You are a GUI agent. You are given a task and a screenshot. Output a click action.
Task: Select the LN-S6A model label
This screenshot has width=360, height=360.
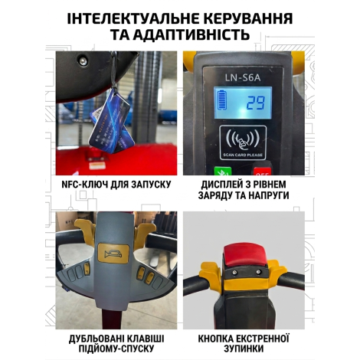point(243,77)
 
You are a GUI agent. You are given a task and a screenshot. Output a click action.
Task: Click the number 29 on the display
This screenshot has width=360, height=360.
point(256,103)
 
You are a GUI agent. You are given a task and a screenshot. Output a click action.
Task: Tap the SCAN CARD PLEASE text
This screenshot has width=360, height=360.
point(243,155)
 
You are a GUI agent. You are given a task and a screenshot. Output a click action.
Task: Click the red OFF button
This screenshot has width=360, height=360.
point(262,171)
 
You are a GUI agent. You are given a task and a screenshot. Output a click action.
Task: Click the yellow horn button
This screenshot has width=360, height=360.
point(113,253)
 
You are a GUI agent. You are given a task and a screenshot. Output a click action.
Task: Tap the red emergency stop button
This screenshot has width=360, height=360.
point(244,255)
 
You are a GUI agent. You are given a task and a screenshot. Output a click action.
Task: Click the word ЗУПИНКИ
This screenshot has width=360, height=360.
point(244,349)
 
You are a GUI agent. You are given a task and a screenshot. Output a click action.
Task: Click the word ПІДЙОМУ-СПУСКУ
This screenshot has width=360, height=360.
point(116,349)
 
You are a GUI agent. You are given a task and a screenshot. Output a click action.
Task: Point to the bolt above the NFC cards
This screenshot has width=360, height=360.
point(83,61)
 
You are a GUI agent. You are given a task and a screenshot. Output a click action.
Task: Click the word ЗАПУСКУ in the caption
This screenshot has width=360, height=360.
point(151,185)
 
